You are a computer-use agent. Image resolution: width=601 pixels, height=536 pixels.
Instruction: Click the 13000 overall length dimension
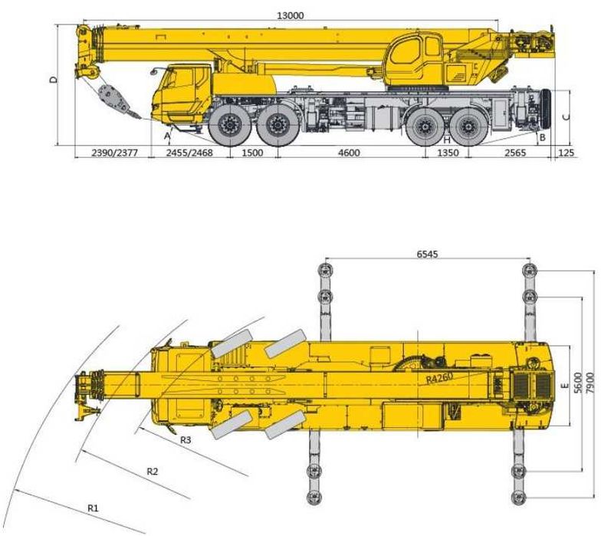pos(290,15)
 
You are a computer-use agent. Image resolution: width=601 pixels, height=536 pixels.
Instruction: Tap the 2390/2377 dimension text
pos(114,153)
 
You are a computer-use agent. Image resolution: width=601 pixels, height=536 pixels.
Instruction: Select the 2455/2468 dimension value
pos(189,153)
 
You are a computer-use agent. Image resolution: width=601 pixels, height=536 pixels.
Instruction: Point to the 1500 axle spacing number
pos(253,153)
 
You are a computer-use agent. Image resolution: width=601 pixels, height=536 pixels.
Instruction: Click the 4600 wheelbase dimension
pos(350,153)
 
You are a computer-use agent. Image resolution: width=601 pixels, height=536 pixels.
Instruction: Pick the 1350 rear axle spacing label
pos(448,153)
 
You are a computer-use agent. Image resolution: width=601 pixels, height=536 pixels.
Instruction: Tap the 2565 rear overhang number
pos(515,153)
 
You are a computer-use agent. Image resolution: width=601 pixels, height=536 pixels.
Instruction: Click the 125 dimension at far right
pos(567,153)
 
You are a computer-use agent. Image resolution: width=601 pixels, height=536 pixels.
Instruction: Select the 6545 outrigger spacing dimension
pos(427,254)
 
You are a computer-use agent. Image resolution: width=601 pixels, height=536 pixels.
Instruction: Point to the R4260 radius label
pos(440,377)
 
